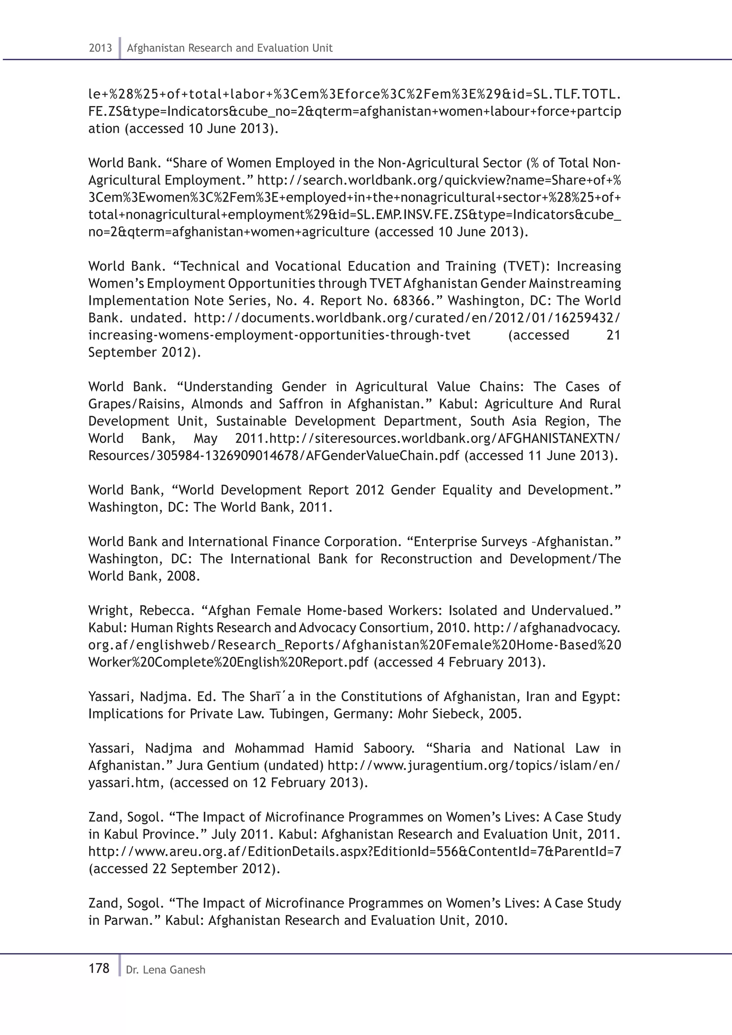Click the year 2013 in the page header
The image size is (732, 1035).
click(x=100, y=48)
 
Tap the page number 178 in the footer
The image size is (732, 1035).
click(x=99, y=968)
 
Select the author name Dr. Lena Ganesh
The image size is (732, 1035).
click(x=165, y=970)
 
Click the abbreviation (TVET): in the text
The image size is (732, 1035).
click(x=527, y=266)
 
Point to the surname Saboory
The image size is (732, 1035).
click(x=389, y=749)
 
